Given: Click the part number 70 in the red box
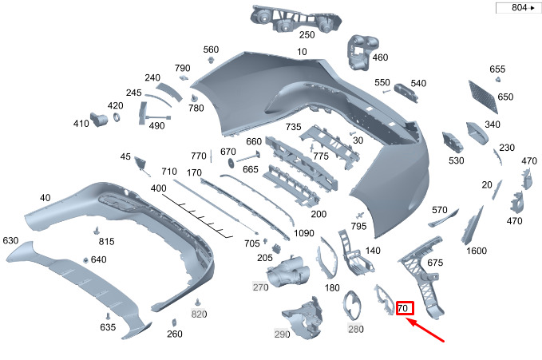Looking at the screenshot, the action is pyautogui.click(x=403, y=308).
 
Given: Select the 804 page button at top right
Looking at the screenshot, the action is pyautogui.click(x=519, y=8).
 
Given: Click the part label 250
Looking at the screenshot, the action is pyautogui.click(x=307, y=34).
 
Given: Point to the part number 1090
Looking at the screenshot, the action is pyautogui.click(x=304, y=233).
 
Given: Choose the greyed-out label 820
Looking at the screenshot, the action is pyautogui.click(x=199, y=314).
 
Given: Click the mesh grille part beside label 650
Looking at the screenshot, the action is pyautogui.click(x=483, y=97).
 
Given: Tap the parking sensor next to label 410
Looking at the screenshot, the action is pyautogui.click(x=98, y=119).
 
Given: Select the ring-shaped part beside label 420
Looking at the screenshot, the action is pyautogui.click(x=117, y=117).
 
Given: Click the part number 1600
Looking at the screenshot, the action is pyautogui.click(x=477, y=251).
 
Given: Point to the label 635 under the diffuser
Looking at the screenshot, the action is pyautogui.click(x=108, y=326).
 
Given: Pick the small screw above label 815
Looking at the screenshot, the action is pyautogui.click(x=97, y=231).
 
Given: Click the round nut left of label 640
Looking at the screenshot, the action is pyautogui.click(x=85, y=260).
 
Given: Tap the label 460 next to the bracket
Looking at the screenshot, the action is pyautogui.click(x=380, y=57).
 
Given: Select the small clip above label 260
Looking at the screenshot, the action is pyautogui.click(x=174, y=322).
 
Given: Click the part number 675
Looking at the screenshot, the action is pyautogui.click(x=435, y=263).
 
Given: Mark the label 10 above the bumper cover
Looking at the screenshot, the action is pyautogui.click(x=302, y=52).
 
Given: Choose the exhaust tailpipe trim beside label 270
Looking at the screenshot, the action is pyautogui.click(x=289, y=271).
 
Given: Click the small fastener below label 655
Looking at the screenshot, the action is pyautogui.click(x=498, y=80).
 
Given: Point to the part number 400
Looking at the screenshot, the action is pyautogui.click(x=158, y=188).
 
